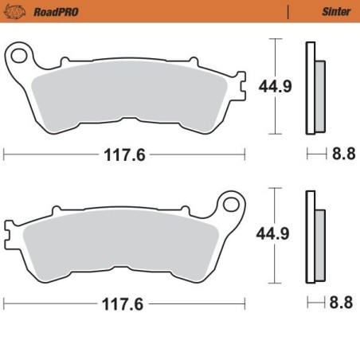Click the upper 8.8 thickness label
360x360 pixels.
pyautogui.click(x=342, y=155)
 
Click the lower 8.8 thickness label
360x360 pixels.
pyautogui.click(x=342, y=303)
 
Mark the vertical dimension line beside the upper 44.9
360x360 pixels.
pyautogui.click(x=275, y=86)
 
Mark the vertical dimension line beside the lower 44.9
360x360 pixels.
pyautogui.click(x=275, y=234)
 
